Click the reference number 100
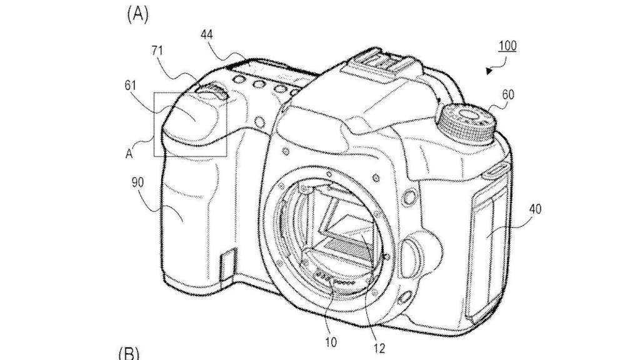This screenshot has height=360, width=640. click(507, 46)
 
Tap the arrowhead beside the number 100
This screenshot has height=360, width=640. click(489, 71)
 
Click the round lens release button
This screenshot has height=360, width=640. click(410, 252)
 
